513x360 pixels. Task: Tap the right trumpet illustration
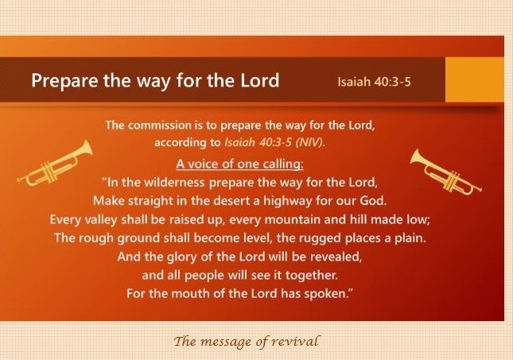[x=446, y=172]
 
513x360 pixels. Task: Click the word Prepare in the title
[x=64, y=81]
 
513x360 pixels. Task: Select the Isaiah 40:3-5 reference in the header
[x=374, y=81]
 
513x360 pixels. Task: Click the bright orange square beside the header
[x=475, y=79]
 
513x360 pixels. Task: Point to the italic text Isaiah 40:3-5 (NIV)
[x=275, y=142]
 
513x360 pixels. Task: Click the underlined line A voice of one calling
[x=240, y=164]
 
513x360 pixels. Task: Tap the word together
[x=311, y=275]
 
